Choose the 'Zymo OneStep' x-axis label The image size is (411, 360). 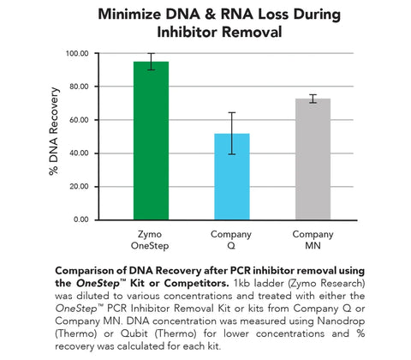[151, 239]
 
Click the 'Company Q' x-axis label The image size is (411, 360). [232, 239]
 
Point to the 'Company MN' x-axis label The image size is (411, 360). [313, 239]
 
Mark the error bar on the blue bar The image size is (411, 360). [232, 133]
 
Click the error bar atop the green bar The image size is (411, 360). [151, 61]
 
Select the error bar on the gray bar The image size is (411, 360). [313, 99]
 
